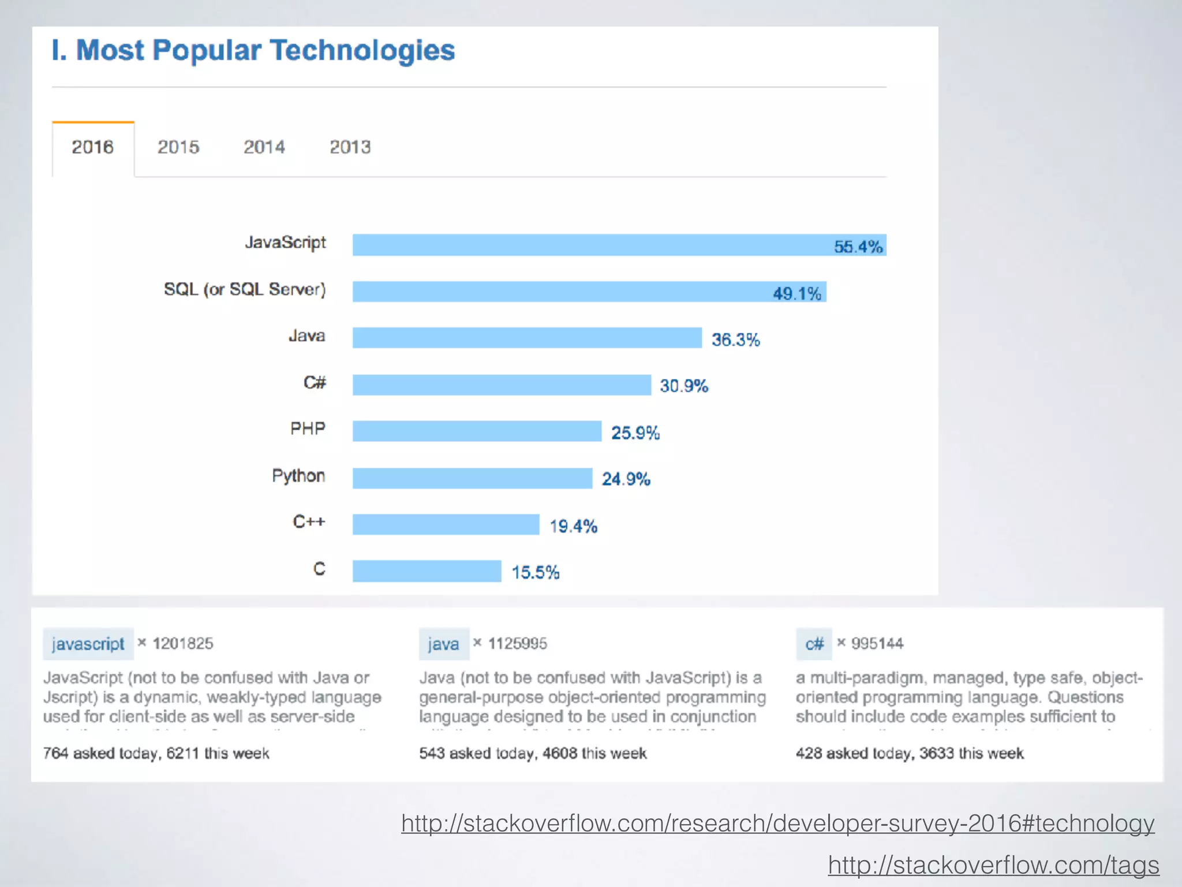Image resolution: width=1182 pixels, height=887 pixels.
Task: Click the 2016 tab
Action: coord(93,147)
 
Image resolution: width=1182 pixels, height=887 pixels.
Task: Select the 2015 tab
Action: coord(178,147)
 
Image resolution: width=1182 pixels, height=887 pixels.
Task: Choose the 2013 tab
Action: coord(350,147)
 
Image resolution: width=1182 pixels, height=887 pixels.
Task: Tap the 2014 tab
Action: coord(264,147)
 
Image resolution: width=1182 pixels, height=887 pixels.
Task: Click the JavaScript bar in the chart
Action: coord(589,245)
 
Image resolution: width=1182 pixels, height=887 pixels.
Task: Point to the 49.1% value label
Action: coord(796,293)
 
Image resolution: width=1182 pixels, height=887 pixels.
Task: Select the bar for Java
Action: coord(526,338)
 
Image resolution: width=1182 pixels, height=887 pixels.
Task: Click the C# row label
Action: coord(315,382)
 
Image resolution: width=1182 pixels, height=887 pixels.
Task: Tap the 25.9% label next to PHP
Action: coord(635,433)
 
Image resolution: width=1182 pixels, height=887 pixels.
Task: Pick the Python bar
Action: coord(472,478)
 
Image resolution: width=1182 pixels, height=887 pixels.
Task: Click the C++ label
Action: coord(309,522)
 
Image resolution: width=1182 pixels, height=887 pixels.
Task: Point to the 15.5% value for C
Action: coord(535,572)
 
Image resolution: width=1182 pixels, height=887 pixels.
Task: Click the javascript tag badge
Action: coord(88,644)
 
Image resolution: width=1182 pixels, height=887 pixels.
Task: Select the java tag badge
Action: coord(444,644)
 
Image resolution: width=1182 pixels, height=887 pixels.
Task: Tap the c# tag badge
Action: coord(814,644)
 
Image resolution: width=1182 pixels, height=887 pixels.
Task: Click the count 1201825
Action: coord(183,643)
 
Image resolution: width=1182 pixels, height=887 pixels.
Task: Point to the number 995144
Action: coord(877,643)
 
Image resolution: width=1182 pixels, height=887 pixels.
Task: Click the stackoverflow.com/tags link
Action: coord(993,864)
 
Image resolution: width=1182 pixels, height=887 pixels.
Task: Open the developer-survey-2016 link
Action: coord(777,823)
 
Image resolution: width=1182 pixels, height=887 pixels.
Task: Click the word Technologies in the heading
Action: coord(362,50)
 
